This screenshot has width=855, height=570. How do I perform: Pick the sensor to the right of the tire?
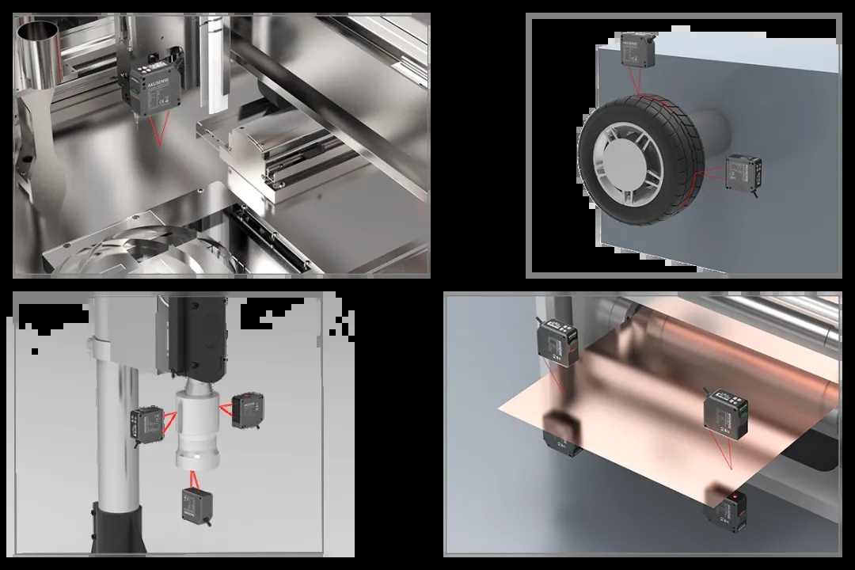744,171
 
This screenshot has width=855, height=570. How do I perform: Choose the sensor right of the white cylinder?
248,409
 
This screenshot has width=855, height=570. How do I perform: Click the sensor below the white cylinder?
196,503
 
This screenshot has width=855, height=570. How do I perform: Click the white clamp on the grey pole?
107,348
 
